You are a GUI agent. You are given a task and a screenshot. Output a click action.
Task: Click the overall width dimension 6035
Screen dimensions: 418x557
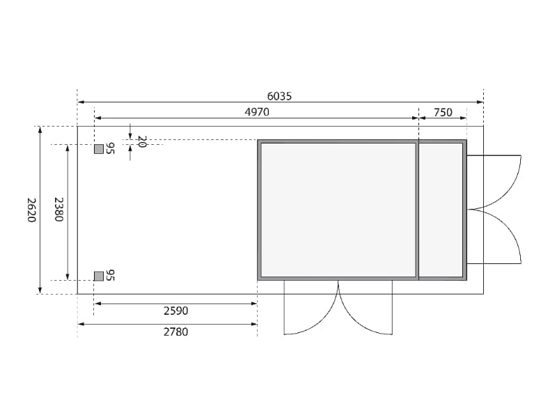[x=279, y=97]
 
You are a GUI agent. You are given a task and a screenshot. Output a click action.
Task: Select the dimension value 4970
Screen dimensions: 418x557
[x=256, y=112]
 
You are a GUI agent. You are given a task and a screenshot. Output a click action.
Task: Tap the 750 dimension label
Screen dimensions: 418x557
[x=443, y=112]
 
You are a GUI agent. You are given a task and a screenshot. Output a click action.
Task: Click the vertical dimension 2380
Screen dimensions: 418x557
[x=59, y=210]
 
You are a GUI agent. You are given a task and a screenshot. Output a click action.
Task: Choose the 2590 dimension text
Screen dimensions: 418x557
[x=175, y=311]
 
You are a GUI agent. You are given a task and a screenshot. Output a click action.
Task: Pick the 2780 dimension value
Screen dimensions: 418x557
[x=175, y=332]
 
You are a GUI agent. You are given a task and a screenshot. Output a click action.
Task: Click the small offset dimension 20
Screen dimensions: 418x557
[x=141, y=141]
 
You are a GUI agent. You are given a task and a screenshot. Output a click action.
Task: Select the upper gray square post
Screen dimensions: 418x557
[x=99, y=148]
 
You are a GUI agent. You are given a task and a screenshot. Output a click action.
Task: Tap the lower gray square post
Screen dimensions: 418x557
[x=99, y=276]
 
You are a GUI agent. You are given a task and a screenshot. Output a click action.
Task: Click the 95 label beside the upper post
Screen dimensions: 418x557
[x=110, y=148]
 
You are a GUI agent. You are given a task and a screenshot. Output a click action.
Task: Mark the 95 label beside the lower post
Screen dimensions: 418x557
[x=110, y=276]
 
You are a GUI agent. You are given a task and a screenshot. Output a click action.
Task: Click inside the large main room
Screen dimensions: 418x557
[x=337, y=209]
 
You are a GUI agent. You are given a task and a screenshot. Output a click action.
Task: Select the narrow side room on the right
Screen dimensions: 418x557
[x=441, y=209]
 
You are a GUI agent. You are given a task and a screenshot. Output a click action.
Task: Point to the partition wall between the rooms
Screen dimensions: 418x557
[x=417, y=209]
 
